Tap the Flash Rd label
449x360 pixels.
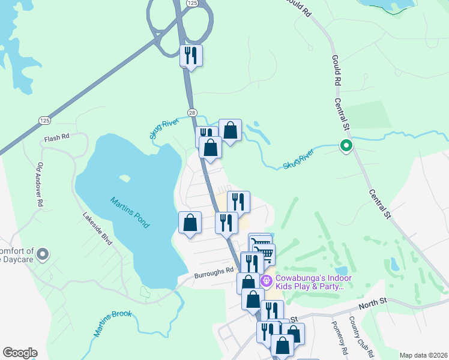pos(56,137)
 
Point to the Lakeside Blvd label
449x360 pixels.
pos(97,229)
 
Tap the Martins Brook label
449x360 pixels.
pos(112,322)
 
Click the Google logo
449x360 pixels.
pos(19,353)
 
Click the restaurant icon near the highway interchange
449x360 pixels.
pos(191,56)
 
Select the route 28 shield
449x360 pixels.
pos(191,112)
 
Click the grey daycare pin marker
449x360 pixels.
pos(42,255)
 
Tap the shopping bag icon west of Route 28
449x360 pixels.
pos(190,223)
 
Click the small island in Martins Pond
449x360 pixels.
pos(125,178)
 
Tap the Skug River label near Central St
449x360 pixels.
pos(299,160)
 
